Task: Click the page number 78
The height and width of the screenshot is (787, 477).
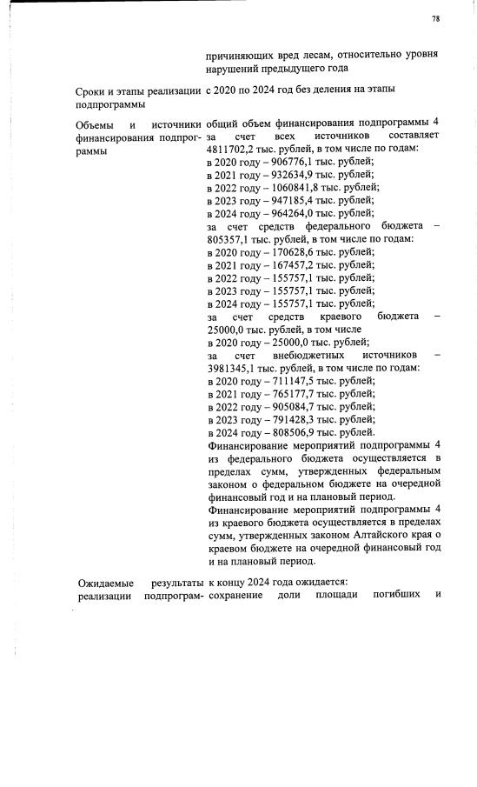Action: click(435, 18)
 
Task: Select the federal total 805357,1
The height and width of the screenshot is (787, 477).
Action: click(230, 239)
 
